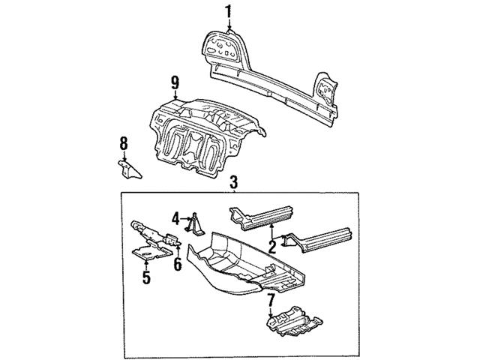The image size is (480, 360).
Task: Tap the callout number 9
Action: pos(175,82)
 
